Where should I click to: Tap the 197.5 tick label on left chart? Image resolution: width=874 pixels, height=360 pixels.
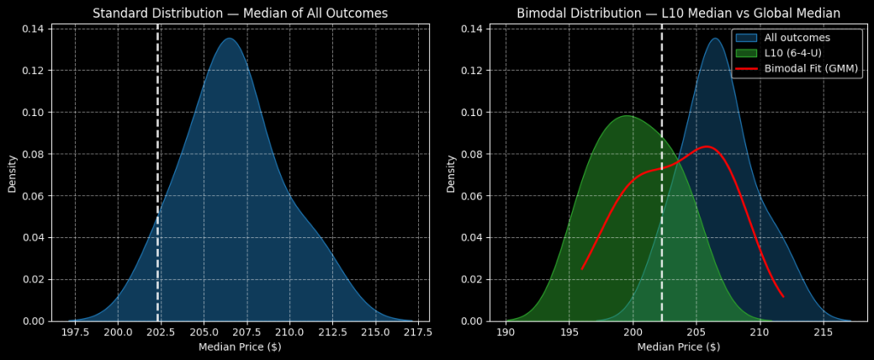tap(75, 332)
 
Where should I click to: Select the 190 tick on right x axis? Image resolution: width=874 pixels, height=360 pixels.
tap(506, 332)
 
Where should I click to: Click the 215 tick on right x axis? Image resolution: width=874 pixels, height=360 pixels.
tap(824, 332)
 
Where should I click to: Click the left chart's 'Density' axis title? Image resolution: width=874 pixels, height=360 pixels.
tap(13, 173)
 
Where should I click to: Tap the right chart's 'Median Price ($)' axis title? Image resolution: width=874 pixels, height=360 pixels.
tap(679, 347)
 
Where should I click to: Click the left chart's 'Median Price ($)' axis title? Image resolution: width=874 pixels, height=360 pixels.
tap(240, 347)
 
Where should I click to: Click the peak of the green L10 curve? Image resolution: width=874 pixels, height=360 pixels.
tap(626, 116)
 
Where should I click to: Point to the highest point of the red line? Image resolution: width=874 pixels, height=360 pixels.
tap(707, 147)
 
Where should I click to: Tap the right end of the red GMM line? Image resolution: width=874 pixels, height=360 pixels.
tap(784, 297)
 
